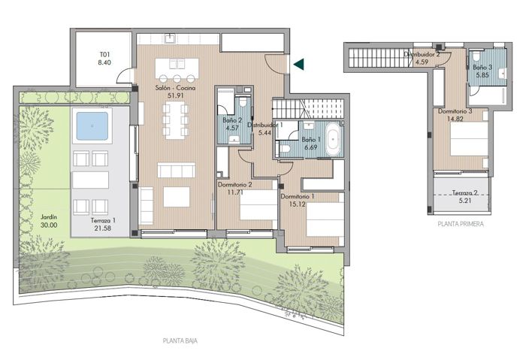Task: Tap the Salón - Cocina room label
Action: (175, 89)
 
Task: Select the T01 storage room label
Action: (104, 55)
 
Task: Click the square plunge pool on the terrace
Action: (89, 125)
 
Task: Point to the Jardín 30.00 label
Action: (49, 218)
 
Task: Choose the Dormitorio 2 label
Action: (234, 184)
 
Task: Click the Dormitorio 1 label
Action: (297, 197)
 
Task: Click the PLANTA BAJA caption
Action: (180, 340)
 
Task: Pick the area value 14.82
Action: (455, 118)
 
